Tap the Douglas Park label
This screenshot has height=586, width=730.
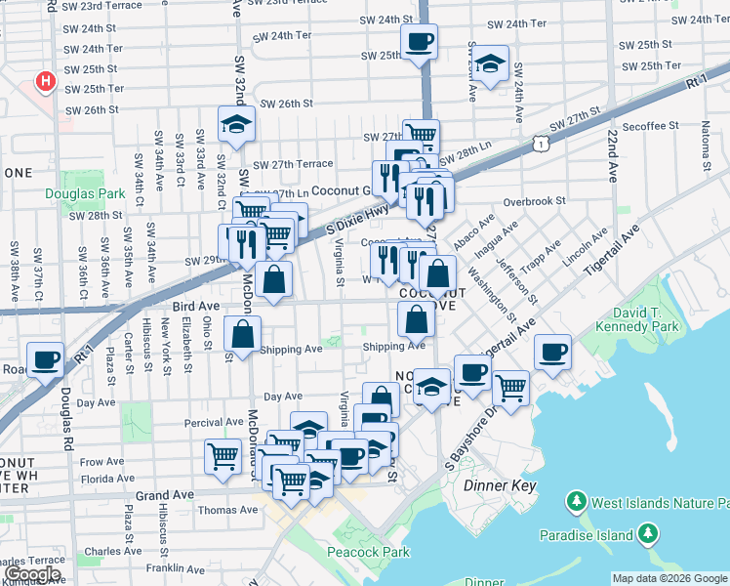click(x=79, y=193)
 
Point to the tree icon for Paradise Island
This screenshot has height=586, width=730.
click(x=646, y=533)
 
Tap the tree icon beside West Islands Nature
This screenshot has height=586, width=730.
click(x=576, y=503)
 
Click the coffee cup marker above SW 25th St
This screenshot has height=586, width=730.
click(x=419, y=42)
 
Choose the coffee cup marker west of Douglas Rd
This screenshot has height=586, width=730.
click(x=46, y=359)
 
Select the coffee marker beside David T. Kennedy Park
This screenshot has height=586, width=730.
click(x=552, y=352)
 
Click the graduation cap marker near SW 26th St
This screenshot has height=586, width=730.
click(x=236, y=124)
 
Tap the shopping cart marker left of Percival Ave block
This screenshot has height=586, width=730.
click(x=223, y=455)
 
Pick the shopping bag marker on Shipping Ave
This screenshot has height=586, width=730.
click(x=242, y=334)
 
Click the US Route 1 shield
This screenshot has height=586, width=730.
click(x=539, y=144)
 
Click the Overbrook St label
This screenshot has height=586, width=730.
click(x=534, y=201)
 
